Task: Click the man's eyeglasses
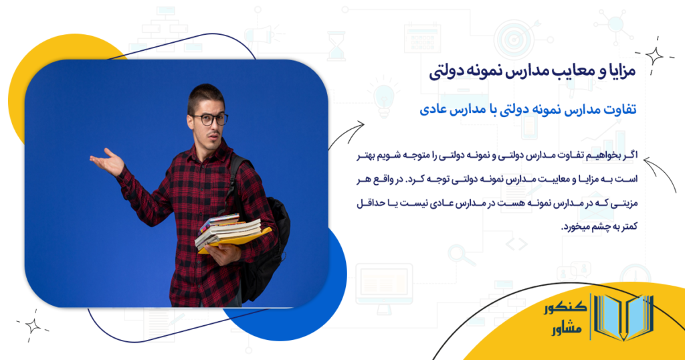[x=209, y=119]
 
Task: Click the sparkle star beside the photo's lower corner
[x=31, y=326]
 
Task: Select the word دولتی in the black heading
[x=444, y=72]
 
